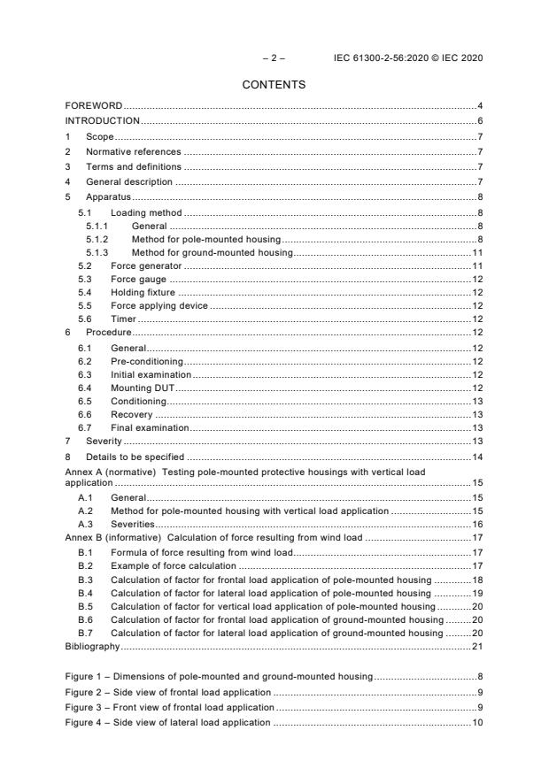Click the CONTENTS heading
[274, 85]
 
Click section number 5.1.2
[97, 239]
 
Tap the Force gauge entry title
[138, 279]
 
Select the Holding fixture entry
[143, 292]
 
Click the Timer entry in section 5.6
[123, 318]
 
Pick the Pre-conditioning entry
[146, 361]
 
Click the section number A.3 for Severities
[86, 524]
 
